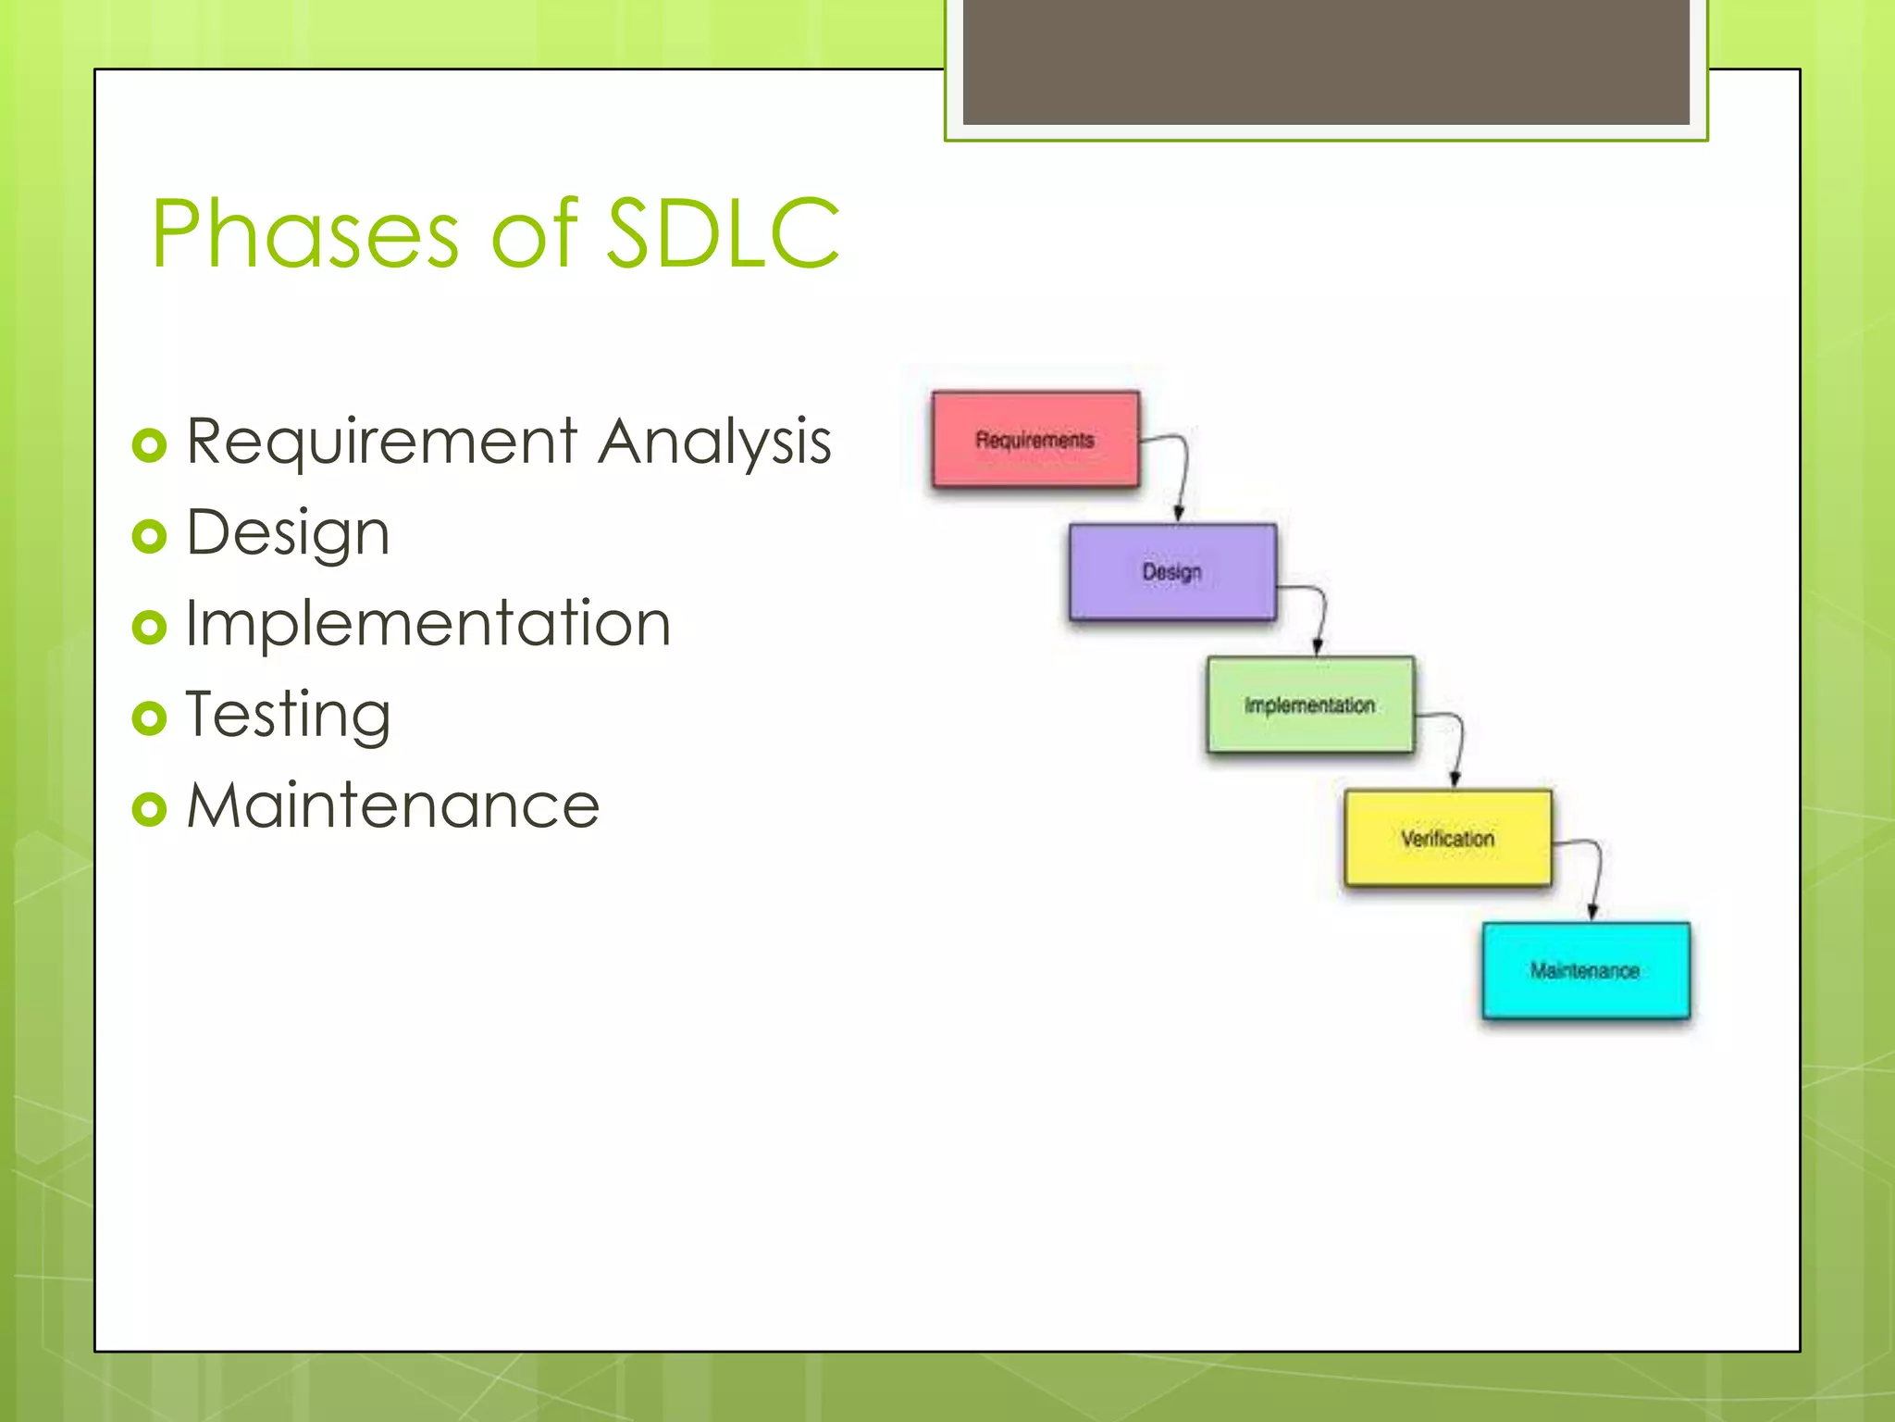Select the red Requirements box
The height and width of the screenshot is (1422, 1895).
tap(1035, 439)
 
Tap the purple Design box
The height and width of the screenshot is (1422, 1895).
tap(1172, 571)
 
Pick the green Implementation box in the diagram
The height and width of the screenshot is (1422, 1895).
tap(1309, 705)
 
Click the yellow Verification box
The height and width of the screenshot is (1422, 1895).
tap(1447, 838)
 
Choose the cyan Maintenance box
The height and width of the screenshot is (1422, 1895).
tap(1585, 970)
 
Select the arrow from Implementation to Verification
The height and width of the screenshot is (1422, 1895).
tap(1459, 745)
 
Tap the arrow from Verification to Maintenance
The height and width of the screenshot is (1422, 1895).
tap(1597, 875)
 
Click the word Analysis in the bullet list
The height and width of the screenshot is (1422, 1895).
tap(714, 442)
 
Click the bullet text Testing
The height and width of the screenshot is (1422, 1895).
tap(288, 715)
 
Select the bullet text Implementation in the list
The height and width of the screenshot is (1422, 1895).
tap(427, 623)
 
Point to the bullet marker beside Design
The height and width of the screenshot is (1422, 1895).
tap(149, 536)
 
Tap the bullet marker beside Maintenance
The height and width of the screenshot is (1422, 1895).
tap(149, 809)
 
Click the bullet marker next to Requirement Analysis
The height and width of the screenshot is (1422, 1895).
tap(149, 445)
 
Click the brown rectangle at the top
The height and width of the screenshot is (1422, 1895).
tap(1325, 61)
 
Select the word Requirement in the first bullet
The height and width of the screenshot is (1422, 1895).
tap(381, 442)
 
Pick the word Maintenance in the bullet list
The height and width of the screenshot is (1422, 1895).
tap(392, 805)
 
